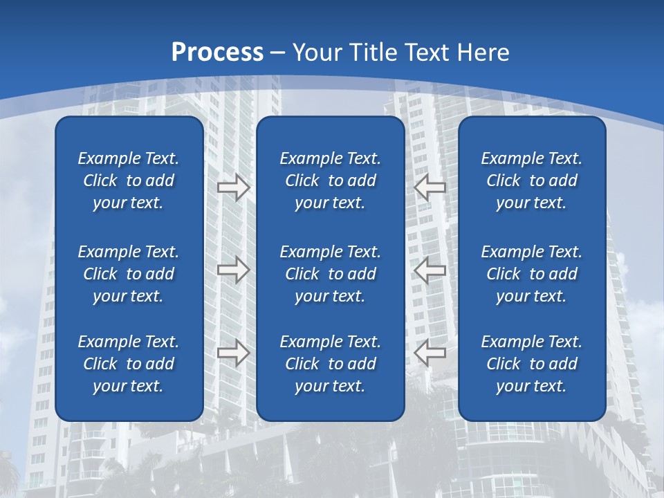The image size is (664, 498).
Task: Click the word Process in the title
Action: [217, 53]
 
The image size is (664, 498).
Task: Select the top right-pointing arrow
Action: [233, 187]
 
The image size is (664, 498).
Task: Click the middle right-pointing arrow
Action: [233, 270]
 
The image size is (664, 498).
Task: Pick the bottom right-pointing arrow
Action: [233, 353]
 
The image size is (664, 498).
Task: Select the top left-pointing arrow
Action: [430, 187]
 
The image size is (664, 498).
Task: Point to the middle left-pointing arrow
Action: [430, 270]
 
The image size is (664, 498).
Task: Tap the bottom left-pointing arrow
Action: [430, 353]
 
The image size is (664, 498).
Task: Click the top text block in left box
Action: [129, 181]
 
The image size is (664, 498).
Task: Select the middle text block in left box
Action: [129, 274]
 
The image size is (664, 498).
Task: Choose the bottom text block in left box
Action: [129, 364]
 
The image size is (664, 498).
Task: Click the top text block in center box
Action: [331, 181]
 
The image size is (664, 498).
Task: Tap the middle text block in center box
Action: [331, 274]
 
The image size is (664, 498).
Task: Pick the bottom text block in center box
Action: [331, 364]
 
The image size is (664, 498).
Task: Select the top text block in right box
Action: [532, 181]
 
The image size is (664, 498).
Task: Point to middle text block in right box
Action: [532, 274]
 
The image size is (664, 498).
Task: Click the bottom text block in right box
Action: [532, 364]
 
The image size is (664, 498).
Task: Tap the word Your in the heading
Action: [317, 53]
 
